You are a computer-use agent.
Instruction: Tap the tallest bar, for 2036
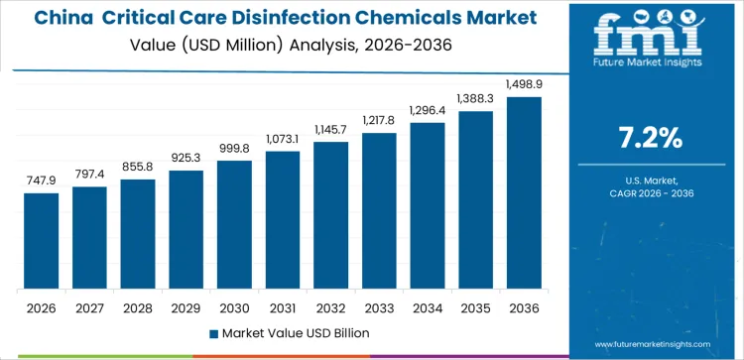(x=523, y=193)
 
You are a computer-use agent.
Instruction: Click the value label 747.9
(x=42, y=181)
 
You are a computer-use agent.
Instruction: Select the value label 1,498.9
(x=523, y=85)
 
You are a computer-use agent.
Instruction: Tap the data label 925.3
(x=186, y=159)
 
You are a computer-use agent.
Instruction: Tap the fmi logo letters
(x=651, y=38)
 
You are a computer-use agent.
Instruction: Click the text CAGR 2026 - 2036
(x=651, y=194)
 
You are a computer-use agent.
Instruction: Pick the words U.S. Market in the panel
(x=651, y=180)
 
